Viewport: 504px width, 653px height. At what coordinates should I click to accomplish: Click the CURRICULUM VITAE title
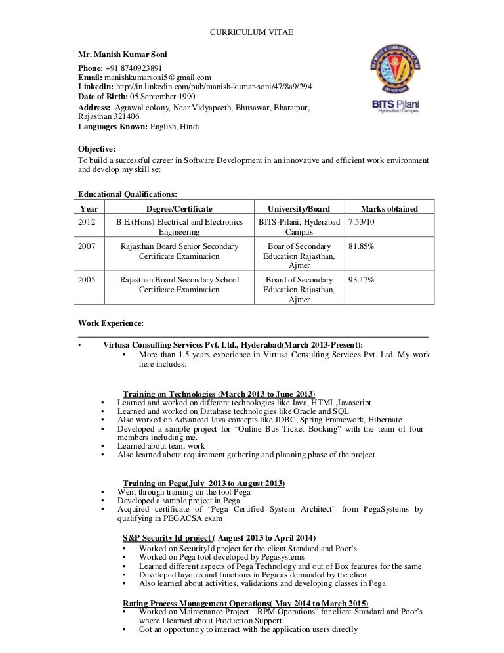coord(251,32)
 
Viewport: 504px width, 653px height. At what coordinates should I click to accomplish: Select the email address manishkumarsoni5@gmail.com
coord(157,77)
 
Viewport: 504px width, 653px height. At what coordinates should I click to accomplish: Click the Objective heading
coord(96,149)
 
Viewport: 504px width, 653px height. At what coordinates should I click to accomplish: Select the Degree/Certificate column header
coord(178,209)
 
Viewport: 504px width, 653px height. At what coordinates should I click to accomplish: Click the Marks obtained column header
coord(389,209)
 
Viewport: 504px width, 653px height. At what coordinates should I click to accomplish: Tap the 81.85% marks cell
coord(361,246)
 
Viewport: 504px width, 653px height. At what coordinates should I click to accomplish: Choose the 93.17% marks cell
coord(361,280)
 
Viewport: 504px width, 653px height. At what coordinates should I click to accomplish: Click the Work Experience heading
coord(110,323)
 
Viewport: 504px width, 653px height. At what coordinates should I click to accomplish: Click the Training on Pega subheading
coord(203,484)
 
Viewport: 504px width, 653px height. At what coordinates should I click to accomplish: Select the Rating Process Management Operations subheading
coord(245,603)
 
